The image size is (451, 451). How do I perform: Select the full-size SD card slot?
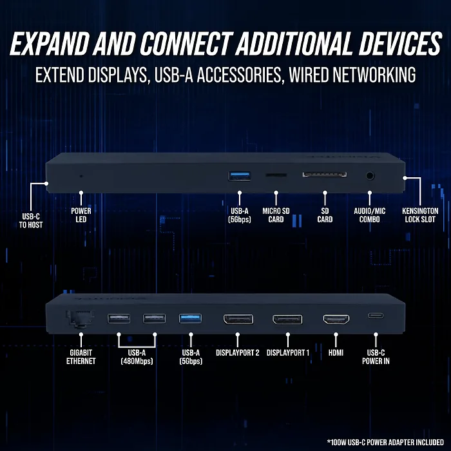pos(325,174)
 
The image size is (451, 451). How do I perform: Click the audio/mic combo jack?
pos(370,175)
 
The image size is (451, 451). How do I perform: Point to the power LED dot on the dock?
pos(81,175)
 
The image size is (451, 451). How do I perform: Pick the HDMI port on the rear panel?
pos(335,318)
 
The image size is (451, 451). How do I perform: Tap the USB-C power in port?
pos(375,316)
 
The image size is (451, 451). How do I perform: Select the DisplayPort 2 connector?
pos(238,319)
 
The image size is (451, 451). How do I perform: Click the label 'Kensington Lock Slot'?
pos(419,215)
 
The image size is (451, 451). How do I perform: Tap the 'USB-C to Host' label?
pos(30,220)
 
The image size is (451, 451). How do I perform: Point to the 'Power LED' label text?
pos(81,215)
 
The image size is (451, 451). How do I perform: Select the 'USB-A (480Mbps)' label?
pos(137,356)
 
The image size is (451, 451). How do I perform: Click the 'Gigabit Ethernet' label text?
pos(81,356)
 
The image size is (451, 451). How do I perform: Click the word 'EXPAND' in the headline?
pos(52,45)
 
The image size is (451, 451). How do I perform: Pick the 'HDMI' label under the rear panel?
pos(335,352)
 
